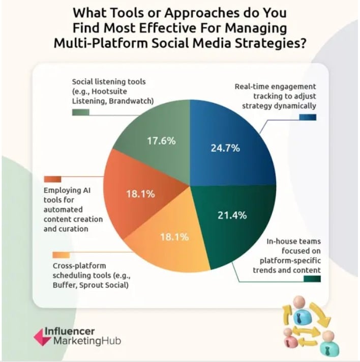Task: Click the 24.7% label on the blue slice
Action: tap(225, 149)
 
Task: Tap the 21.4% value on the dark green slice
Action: tap(232, 215)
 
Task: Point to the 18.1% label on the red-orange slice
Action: tap(140, 194)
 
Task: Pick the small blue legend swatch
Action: tap(308, 118)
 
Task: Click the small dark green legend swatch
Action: tap(311, 279)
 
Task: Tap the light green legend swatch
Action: tap(80, 112)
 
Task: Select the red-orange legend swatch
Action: tap(52, 179)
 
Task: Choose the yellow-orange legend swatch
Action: tap(61, 255)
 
